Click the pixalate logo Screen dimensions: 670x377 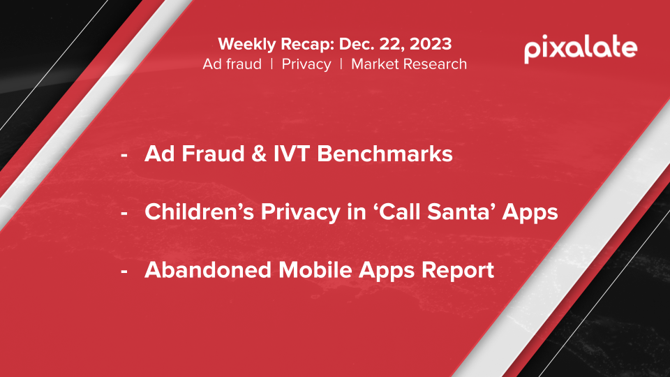pyautogui.click(x=581, y=49)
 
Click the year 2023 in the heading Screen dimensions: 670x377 pyautogui.click(x=429, y=44)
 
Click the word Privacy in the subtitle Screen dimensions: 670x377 pyautogui.click(x=306, y=64)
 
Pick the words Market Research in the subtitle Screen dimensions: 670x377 pyautogui.click(x=409, y=64)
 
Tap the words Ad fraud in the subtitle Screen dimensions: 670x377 pyautogui.click(x=232, y=64)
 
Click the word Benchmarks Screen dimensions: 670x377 pyautogui.click(x=385, y=154)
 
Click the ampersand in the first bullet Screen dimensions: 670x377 pyautogui.click(x=259, y=154)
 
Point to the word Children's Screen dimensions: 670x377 pyautogui.click(x=200, y=212)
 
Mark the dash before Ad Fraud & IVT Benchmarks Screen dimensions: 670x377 pyautogui.click(x=124, y=156)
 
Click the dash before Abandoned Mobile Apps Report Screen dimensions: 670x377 pyautogui.click(x=124, y=272)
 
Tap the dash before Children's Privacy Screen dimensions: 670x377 pyautogui.click(x=124, y=214)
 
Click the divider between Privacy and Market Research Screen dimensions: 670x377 pyautogui.click(x=341, y=64)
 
